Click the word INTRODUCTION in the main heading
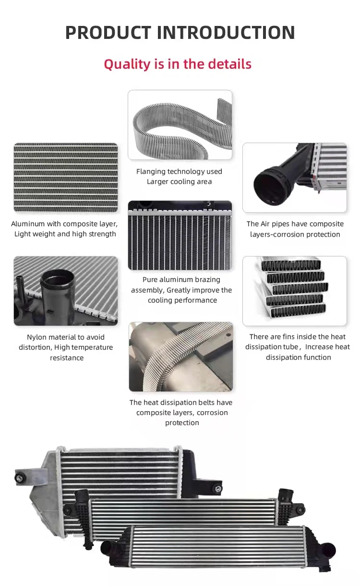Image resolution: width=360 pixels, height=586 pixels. coord(226,33)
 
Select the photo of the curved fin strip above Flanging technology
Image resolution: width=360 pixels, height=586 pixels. coord(180,125)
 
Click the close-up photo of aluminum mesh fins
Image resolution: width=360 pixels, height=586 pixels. coord(66,178)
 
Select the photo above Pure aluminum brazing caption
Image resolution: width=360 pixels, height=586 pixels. coord(180,235)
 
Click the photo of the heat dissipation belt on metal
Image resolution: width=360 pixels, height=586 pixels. coord(181,356)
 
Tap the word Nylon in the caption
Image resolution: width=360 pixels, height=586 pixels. coord(37,337)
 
